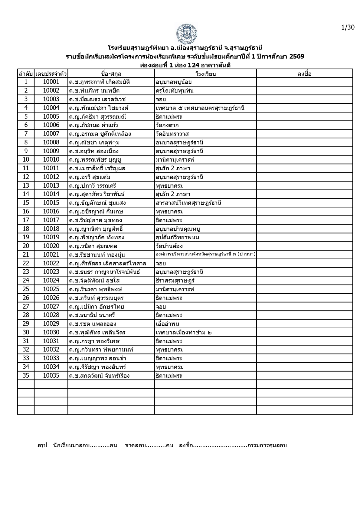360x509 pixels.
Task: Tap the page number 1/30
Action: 348,27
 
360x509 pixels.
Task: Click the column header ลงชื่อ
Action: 304,74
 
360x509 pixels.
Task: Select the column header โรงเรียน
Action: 206,74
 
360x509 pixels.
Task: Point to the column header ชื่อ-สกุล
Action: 111,74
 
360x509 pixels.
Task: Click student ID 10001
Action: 51,82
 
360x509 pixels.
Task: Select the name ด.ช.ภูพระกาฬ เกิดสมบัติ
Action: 99,82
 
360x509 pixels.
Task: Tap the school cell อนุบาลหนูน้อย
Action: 173,82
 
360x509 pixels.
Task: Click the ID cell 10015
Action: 51,203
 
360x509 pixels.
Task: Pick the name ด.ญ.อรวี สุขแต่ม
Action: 90,177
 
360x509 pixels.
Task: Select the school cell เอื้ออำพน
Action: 167,324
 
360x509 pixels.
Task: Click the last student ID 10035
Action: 51,376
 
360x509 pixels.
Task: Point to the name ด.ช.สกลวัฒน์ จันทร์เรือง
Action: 99,376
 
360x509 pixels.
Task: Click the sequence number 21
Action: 26,254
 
